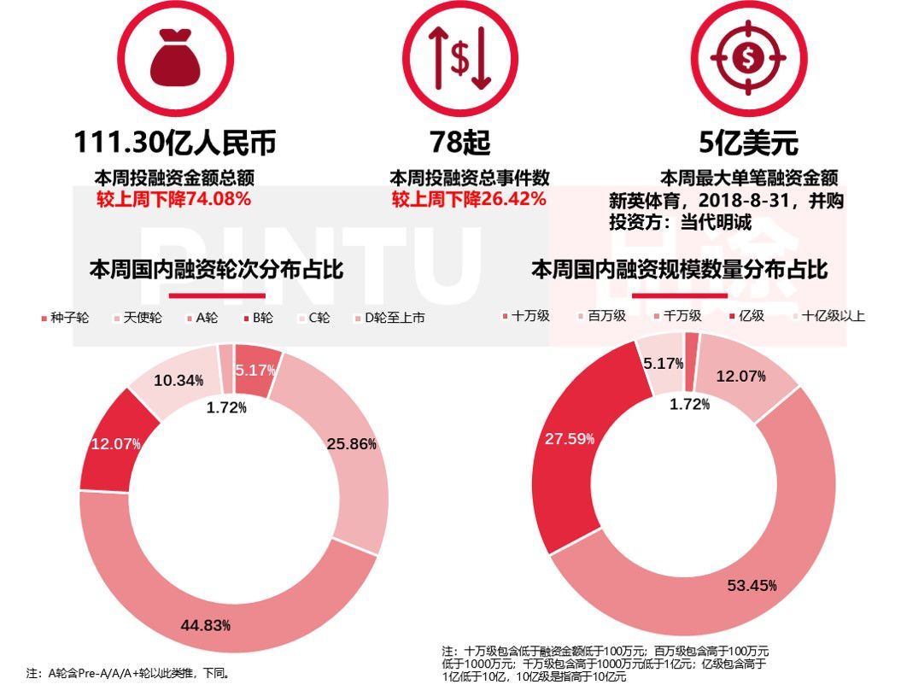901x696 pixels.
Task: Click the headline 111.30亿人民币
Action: pyautogui.click(x=175, y=142)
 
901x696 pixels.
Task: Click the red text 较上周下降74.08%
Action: pyautogui.click(x=173, y=200)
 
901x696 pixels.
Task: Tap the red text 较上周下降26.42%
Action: pyautogui.click(x=469, y=200)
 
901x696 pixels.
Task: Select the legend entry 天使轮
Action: pyautogui.click(x=143, y=318)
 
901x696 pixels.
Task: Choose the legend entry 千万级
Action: pyautogui.click(x=682, y=316)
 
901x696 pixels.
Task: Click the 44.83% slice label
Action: pyautogui.click(x=205, y=625)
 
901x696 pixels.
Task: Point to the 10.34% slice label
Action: pyautogui.click(x=178, y=380)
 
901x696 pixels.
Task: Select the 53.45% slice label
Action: pyautogui.click(x=752, y=585)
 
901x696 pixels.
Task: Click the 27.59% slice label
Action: pyautogui.click(x=570, y=439)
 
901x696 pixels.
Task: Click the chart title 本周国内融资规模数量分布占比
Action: pyautogui.click(x=679, y=270)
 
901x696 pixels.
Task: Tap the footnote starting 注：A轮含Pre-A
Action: pyautogui.click(x=128, y=673)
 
